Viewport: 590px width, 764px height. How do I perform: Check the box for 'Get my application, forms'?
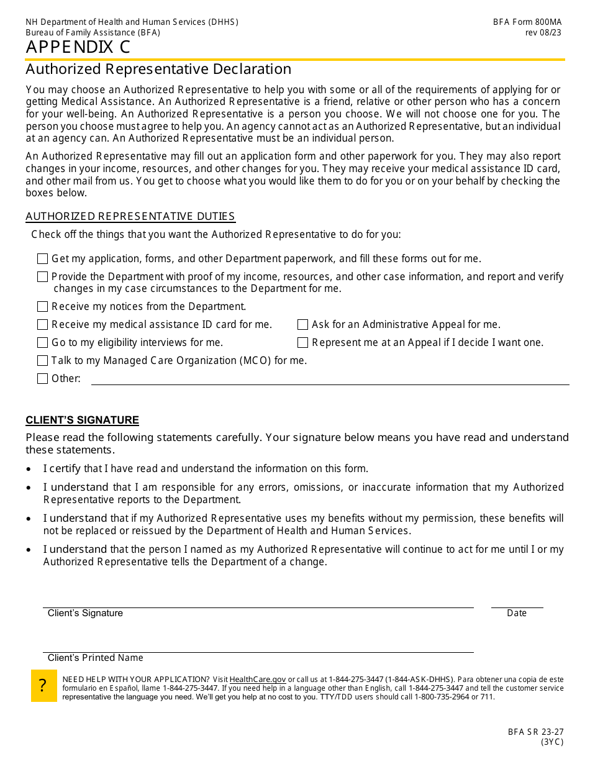point(42,259)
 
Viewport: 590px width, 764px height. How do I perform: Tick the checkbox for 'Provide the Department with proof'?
point(42,277)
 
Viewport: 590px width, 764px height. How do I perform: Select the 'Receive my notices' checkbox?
point(42,307)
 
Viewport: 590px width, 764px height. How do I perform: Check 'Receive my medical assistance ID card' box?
point(42,325)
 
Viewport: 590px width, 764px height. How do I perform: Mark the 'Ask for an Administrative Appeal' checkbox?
point(302,325)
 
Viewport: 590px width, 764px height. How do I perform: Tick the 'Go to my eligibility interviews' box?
point(42,343)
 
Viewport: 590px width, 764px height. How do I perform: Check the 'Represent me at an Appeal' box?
point(302,343)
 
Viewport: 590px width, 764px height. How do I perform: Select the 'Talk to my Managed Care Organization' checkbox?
point(42,361)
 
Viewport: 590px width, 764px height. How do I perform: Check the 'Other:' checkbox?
point(42,379)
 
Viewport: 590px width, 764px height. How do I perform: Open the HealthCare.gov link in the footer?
point(258,680)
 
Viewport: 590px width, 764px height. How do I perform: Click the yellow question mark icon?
point(43,686)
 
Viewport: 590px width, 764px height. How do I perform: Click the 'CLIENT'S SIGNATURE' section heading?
point(82,421)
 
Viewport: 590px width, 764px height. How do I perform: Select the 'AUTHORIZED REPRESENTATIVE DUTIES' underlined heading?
point(130,217)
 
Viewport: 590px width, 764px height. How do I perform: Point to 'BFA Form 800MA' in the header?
point(527,22)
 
